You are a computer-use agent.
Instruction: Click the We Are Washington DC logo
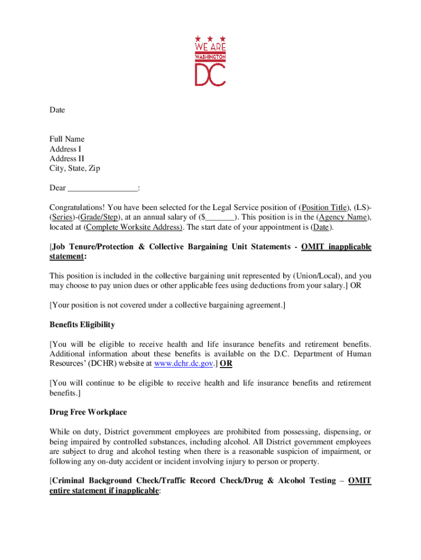click(x=210, y=61)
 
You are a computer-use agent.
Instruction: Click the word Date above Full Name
click(x=57, y=110)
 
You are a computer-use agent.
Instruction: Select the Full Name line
click(x=67, y=139)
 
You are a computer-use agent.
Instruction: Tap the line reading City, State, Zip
click(x=75, y=168)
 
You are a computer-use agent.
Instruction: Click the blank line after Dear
click(x=102, y=189)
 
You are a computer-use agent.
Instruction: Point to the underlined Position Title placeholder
click(x=325, y=207)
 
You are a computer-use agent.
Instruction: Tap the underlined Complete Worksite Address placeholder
click(x=134, y=227)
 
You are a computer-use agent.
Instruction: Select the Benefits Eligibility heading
click(x=82, y=325)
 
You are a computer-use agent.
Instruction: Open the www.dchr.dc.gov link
click(x=183, y=364)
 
